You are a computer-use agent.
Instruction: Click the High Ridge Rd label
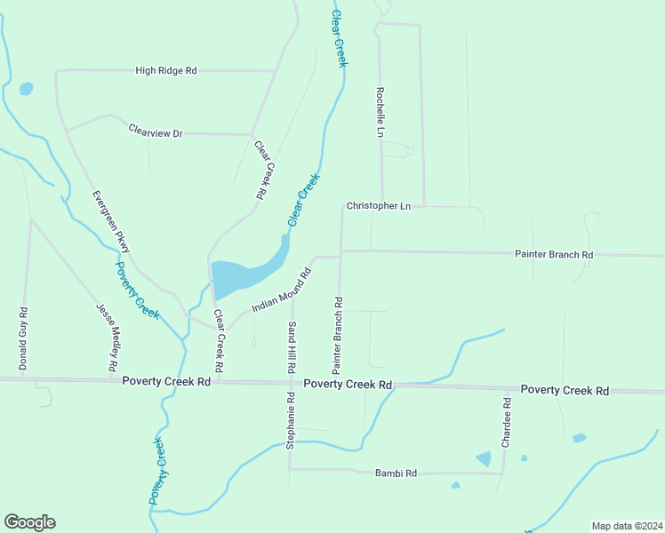pyautogui.click(x=165, y=69)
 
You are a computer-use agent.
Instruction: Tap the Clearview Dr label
pyautogui.click(x=155, y=132)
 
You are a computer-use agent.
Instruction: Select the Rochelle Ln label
pyautogui.click(x=380, y=112)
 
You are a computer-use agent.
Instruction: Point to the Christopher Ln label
pyautogui.click(x=379, y=206)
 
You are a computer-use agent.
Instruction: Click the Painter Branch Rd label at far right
pyautogui.click(x=554, y=255)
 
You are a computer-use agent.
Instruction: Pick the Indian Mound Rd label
pyautogui.click(x=280, y=290)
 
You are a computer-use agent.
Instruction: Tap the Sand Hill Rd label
pyautogui.click(x=291, y=346)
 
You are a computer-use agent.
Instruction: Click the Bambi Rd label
pyautogui.click(x=396, y=473)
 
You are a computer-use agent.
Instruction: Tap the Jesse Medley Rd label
pyautogui.click(x=107, y=337)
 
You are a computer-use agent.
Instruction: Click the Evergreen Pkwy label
pyautogui.click(x=111, y=221)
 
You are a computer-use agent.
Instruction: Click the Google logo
pyautogui.click(x=29, y=522)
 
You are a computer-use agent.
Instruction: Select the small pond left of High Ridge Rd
pyautogui.click(x=26, y=89)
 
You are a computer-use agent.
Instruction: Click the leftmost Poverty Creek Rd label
pyautogui.click(x=165, y=382)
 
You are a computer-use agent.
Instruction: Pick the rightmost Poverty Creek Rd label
pyautogui.click(x=565, y=390)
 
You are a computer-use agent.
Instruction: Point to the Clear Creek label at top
pyautogui.click(x=338, y=37)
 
